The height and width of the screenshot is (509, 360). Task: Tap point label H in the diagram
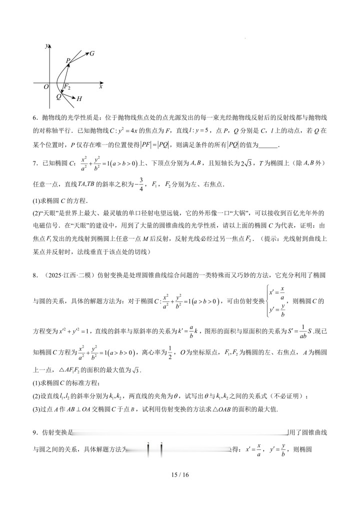(x=79, y=99)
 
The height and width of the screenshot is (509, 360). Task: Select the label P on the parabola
(x=68, y=61)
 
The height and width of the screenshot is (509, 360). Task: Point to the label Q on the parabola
(x=58, y=96)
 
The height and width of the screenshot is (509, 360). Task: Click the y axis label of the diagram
(x=46, y=45)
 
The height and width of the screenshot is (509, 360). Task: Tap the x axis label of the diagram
(x=100, y=86)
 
